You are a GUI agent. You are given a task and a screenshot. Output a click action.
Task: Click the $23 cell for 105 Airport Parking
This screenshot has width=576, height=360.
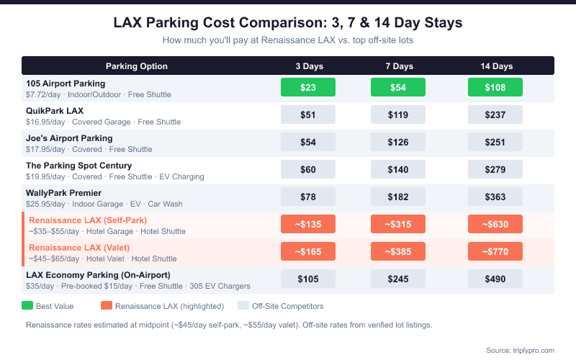tap(308, 88)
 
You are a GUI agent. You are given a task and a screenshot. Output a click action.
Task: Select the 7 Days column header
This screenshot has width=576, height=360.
tap(398, 66)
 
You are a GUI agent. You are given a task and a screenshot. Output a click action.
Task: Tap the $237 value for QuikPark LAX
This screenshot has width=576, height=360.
tap(495, 115)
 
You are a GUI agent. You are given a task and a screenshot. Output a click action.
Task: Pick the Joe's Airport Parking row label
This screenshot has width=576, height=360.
tap(69, 138)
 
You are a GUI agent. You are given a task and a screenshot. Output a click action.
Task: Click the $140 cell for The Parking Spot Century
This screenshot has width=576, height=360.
tap(398, 170)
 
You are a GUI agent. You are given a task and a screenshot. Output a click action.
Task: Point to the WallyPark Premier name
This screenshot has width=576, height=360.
tap(63, 193)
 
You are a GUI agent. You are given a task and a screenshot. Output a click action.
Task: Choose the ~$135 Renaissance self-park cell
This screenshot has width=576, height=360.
tap(308, 224)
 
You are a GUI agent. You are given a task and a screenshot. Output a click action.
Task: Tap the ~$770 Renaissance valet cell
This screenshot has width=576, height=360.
tap(495, 252)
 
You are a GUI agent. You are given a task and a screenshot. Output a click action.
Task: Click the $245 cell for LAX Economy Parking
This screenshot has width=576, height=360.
tap(398, 279)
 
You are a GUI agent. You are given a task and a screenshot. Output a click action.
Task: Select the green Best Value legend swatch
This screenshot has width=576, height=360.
tap(28, 306)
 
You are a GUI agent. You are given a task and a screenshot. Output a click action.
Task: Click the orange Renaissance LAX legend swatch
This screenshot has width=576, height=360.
tap(107, 306)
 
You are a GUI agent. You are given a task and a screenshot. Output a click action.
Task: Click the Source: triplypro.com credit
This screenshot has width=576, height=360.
tap(520, 350)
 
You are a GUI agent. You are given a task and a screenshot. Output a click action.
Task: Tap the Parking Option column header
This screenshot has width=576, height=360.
tap(137, 66)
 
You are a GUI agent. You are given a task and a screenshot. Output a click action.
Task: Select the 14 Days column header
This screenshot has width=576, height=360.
tap(496, 66)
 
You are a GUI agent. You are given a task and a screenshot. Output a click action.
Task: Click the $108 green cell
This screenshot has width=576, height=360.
tap(495, 88)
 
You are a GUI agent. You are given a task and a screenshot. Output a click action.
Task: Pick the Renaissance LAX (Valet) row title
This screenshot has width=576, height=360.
tap(78, 248)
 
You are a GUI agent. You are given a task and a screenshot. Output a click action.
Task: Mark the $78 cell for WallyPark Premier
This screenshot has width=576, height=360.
tap(308, 197)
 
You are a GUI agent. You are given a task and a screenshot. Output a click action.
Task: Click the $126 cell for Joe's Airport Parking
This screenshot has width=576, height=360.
tap(398, 143)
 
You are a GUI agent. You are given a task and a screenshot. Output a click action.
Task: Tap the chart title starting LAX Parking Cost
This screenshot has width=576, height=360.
tap(288, 23)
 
